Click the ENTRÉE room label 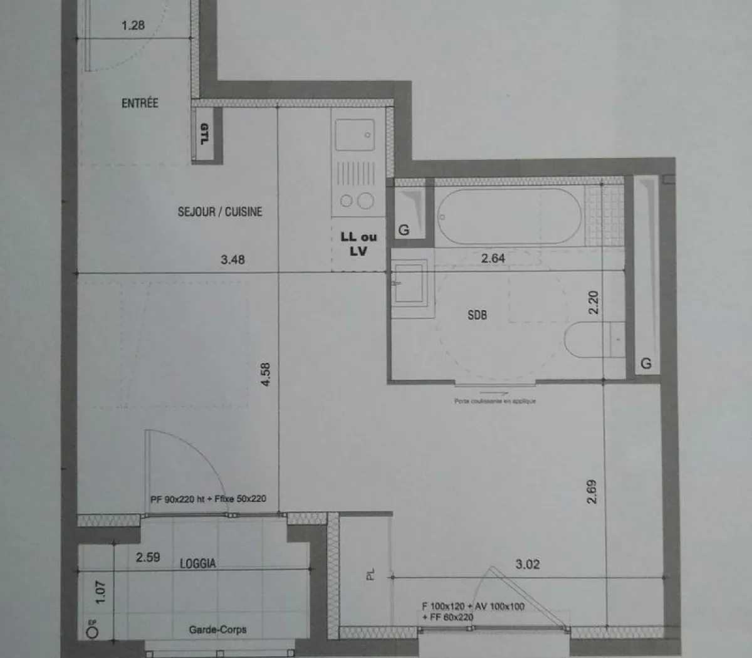140,103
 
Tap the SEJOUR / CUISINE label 220,212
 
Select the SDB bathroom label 477,315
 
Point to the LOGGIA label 197,563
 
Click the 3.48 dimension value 232,259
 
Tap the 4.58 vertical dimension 266,374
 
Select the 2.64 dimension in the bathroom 493,258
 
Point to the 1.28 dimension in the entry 133,26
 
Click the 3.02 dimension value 527,564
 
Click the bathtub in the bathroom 509,216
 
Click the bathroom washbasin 409,284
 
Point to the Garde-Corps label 217,629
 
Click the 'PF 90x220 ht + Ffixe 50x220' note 208,499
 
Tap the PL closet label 370,574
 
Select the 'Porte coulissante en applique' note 495,401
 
